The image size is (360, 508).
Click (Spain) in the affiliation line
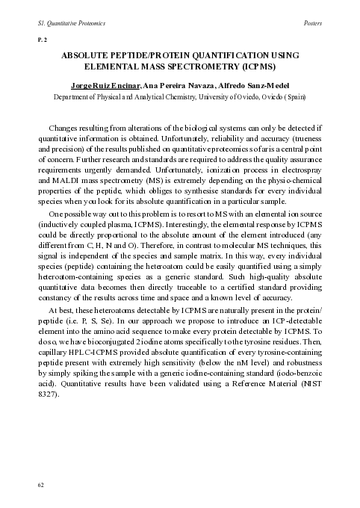(292, 97)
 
